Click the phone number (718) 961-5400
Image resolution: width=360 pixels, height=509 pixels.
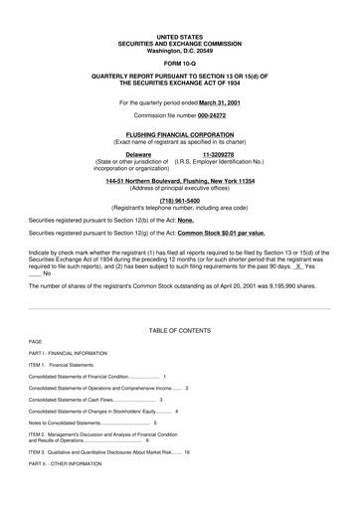point(179,199)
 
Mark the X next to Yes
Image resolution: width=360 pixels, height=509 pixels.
point(298,266)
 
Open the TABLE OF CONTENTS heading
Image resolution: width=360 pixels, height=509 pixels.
point(179,329)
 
